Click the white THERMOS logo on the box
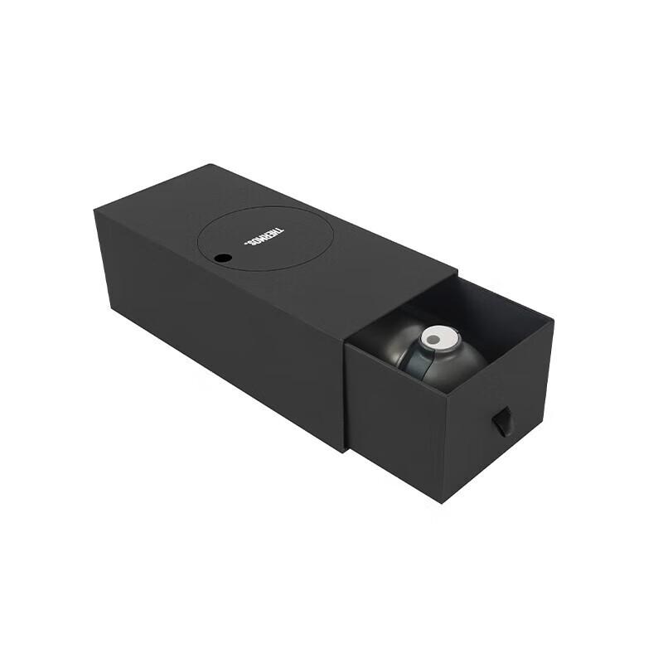pos(264,237)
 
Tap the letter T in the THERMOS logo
pos(280,231)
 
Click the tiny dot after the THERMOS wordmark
pos(245,243)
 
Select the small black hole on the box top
pos(223,258)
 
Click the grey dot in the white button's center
pos(433,339)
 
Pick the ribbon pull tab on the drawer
pos(502,421)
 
